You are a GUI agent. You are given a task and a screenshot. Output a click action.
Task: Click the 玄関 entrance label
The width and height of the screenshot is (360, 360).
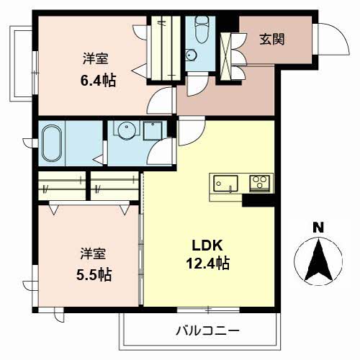click(273, 38)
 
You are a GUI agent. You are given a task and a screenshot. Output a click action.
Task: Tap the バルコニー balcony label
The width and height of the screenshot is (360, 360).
click(208, 331)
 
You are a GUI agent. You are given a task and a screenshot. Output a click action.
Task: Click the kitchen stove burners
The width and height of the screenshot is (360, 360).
click(258, 183)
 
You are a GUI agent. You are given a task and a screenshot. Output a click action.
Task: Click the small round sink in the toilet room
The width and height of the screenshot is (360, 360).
click(191, 55)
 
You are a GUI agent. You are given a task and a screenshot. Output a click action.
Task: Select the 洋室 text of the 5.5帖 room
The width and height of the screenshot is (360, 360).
click(94, 253)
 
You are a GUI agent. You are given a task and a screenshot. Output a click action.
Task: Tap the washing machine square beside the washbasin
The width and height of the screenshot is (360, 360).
click(153, 131)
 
